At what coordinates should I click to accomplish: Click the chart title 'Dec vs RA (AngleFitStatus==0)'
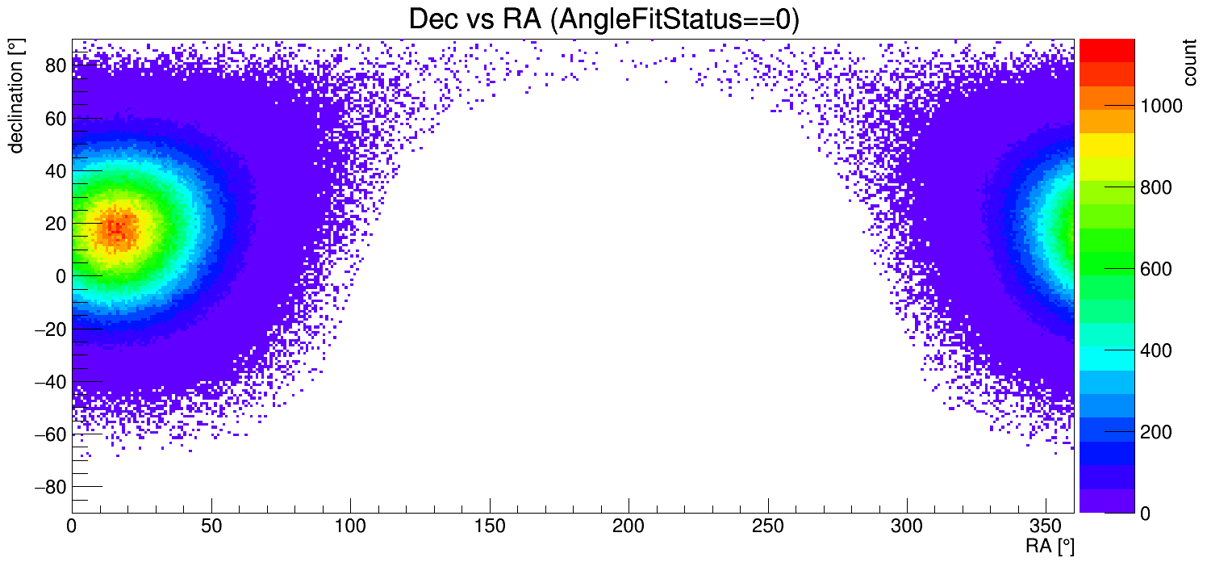603,19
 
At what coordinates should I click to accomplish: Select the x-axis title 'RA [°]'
1049,547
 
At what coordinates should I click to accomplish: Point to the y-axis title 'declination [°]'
15,96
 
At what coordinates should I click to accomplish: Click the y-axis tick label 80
55,65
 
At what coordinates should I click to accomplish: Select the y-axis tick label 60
55,119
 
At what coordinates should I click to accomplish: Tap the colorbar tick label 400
1156,351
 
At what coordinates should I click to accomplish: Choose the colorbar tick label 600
1156,270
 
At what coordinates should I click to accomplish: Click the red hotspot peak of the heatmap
116,229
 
